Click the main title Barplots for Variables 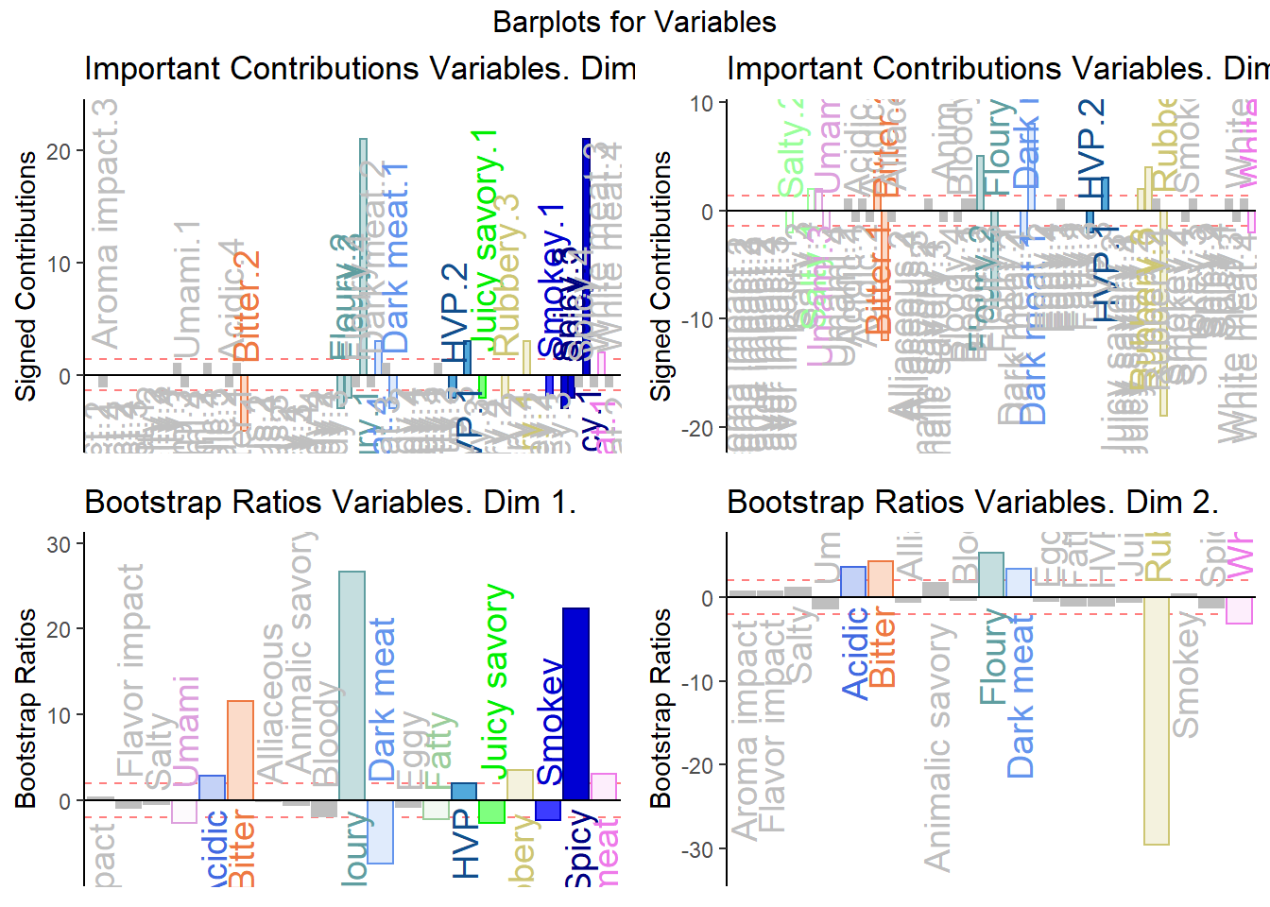pos(634,22)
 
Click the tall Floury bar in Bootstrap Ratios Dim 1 pos(352,685)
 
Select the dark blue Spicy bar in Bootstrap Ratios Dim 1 pos(575,704)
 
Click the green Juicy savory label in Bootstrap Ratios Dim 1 pos(496,682)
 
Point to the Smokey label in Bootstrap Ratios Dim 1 pos(550,723)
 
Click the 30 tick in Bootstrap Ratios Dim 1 pos(59,544)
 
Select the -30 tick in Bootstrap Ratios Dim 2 pos(700,849)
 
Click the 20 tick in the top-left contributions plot pos(59,151)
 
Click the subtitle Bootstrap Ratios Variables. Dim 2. pos(972,502)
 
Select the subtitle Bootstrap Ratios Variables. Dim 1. pos(330,502)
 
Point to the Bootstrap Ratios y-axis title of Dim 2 pos(661,708)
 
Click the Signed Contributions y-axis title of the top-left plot pos(26,275)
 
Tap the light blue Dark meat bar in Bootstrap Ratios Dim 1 pos(380,831)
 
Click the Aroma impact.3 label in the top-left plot pos(105,224)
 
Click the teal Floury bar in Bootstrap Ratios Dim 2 pos(991,574)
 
